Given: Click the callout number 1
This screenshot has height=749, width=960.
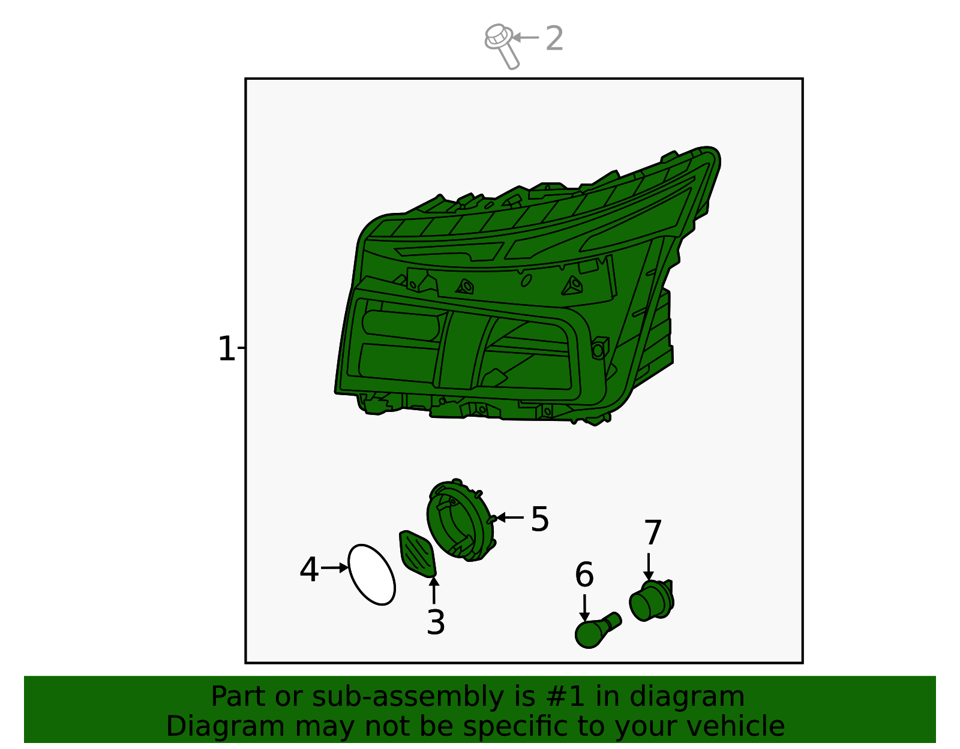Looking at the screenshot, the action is [x=227, y=348].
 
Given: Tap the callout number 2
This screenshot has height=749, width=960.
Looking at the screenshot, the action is [x=554, y=38].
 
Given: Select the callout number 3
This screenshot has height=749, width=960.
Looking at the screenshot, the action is [x=436, y=622].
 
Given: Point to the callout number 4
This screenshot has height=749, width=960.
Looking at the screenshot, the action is [x=309, y=569].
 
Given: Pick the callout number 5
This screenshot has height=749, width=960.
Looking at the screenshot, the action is [x=539, y=519].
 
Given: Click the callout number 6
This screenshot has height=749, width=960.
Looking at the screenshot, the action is [x=584, y=574].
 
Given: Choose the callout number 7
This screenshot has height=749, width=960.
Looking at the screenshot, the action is [x=653, y=533].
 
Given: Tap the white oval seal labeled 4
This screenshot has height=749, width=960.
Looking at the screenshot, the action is [x=371, y=574].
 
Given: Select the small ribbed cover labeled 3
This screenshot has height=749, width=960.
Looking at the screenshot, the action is [x=418, y=554].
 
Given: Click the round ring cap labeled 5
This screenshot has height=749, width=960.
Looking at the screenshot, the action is [x=460, y=520].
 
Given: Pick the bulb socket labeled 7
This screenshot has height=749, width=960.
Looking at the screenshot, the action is [x=652, y=601].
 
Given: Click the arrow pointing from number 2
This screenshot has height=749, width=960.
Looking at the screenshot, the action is [x=525, y=38].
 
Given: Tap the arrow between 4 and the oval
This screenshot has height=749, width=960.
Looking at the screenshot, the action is [x=334, y=568].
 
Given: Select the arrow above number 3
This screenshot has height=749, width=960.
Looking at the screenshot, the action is [x=434, y=589].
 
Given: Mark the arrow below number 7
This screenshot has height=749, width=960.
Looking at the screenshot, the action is [x=648, y=567].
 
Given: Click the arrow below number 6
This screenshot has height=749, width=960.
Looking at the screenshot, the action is [x=584, y=608].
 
